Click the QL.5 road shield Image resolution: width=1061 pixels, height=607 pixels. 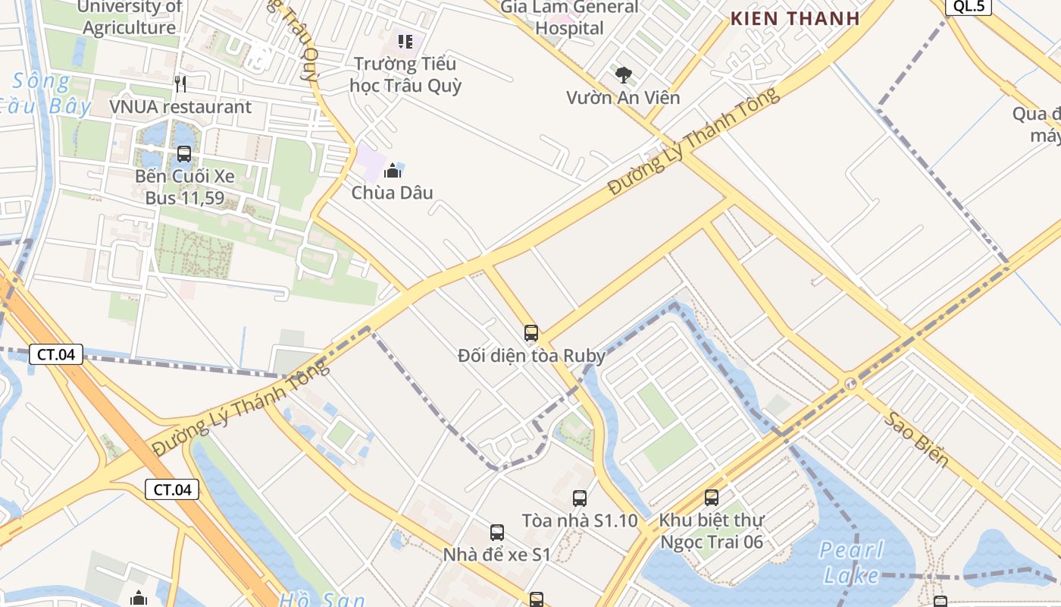click(969, 7)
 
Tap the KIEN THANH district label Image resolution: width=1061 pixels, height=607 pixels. click(795, 19)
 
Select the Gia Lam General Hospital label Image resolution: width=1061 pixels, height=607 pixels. click(570, 18)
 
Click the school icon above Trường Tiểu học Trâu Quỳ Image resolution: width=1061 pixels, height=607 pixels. click(405, 41)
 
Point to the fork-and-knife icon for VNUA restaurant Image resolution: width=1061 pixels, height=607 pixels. click(180, 83)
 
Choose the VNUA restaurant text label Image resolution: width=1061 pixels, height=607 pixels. click(180, 107)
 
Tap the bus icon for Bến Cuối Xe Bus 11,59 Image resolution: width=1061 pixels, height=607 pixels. click(184, 154)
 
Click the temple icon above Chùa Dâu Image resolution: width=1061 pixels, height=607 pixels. click(393, 171)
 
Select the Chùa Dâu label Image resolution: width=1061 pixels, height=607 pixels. click(393, 193)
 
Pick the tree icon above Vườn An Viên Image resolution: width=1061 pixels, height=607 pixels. click(624, 74)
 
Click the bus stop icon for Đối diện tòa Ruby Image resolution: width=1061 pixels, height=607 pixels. click(531, 332)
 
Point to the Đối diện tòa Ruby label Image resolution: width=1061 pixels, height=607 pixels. click(531, 355)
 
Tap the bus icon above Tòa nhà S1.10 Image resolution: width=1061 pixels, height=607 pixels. click(580, 498)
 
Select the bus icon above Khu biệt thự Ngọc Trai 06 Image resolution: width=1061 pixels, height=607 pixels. click(712, 498)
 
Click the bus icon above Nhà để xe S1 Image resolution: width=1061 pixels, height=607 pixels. click(497, 533)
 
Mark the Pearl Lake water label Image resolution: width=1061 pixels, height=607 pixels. click(852, 562)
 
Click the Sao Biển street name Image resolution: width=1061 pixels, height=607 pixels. click(915, 439)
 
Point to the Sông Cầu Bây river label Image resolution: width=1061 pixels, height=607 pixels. click(45, 93)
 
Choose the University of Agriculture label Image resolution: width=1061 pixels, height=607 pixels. click(130, 17)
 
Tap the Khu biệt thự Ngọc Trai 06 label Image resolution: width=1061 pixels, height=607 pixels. click(712, 531)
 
